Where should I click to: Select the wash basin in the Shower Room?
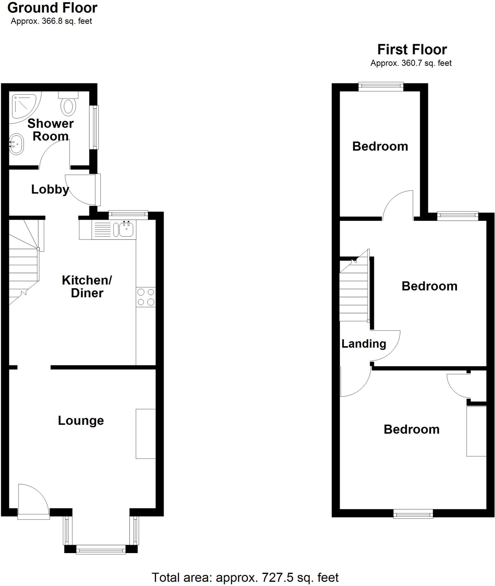pyautogui.click(x=16, y=144)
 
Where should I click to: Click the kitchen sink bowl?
pyautogui.click(x=126, y=229)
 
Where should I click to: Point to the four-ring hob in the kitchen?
pyautogui.click(x=146, y=297)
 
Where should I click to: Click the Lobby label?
pyautogui.click(x=50, y=189)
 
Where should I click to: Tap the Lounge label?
pyautogui.click(x=81, y=420)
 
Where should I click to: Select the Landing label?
pyautogui.click(x=364, y=344)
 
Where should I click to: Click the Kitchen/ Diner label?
pyautogui.click(x=87, y=286)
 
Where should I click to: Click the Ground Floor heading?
pyautogui.click(x=52, y=8)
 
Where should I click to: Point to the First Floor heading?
pyautogui.click(x=412, y=50)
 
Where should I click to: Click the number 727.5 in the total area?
pyautogui.click(x=278, y=577)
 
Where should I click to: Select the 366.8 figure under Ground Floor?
pyautogui.click(x=52, y=21)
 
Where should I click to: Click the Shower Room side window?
pyautogui.click(x=94, y=127)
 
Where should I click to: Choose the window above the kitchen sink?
pyautogui.click(x=128, y=215)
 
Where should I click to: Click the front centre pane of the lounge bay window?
pyautogui.click(x=101, y=549)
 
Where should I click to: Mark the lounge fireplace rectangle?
pyautogui.click(x=146, y=434)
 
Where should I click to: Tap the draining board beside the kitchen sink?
pyautogui.click(x=102, y=229)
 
